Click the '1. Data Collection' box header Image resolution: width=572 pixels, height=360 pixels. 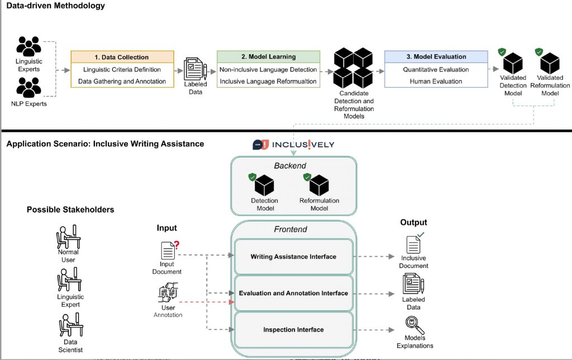click(122, 57)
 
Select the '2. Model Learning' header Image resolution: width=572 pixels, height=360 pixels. click(268, 56)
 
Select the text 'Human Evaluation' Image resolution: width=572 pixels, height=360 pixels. click(436, 81)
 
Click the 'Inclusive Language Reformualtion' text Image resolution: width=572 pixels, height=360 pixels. click(268, 81)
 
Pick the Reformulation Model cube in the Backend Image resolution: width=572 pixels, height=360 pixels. click(319, 185)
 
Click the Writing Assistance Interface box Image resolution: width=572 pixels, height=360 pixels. click(293, 257)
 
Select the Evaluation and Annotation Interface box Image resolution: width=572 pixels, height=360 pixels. click(293, 293)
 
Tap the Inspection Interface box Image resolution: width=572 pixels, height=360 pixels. click(293, 330)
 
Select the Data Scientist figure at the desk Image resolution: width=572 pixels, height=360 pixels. click(70, 325)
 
